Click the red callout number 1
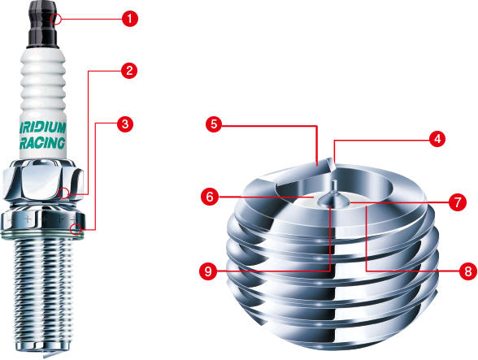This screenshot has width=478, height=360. (130, 19)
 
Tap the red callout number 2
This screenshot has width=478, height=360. (129, 71)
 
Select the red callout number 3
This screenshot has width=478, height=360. (125, 124)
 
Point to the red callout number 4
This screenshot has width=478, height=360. (437, 139)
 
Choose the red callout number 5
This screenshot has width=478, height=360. (214, 124)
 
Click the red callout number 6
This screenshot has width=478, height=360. (210, 197)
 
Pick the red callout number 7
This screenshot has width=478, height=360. (458, 202)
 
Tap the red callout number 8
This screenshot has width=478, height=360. (468, 271)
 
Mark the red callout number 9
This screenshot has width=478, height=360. (208, 271)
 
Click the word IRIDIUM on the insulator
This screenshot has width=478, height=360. (43, 128)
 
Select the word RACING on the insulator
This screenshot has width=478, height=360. (42, 143)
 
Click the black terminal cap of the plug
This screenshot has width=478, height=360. (43, 24)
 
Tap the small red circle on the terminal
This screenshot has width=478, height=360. (56, 20)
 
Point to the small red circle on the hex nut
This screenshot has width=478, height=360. (63, 193)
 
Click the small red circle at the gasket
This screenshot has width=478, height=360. (76, 229)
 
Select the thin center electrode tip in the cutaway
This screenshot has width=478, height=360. (334, 186)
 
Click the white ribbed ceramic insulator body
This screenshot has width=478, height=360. (43, 104)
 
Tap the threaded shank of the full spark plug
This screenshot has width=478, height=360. (44, 293)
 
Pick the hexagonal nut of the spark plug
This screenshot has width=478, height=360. (43, 180)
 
